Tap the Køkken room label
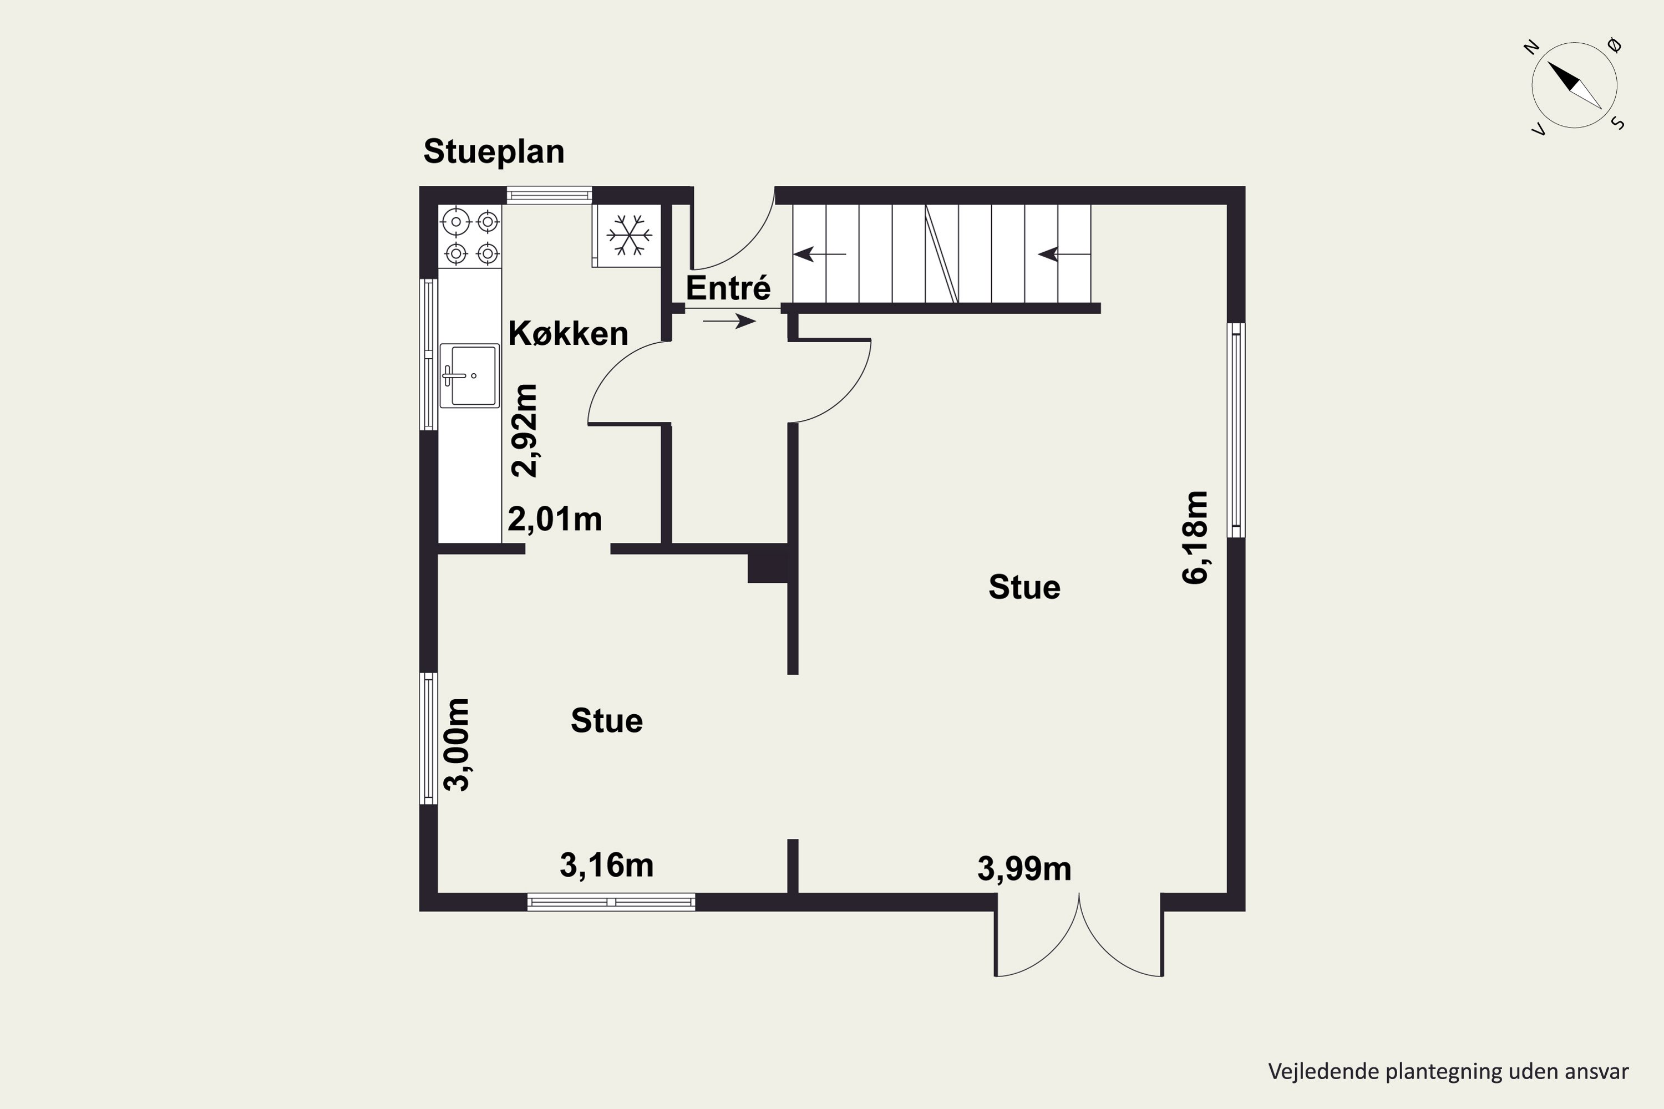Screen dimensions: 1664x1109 pos(568,333)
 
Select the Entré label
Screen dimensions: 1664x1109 pos(728,288)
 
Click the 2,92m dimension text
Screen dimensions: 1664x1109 pos(525,431)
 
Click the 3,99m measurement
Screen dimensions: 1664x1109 pos(1024,869)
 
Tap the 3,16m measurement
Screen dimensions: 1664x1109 pos(606,865)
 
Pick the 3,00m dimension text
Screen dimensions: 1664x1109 pos(456,745)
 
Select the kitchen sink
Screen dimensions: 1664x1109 pos(470,375)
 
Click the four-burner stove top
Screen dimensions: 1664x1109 pos(470,237)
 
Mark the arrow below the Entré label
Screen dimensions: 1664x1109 pos(729,321)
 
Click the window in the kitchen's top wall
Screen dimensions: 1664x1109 pos(549,195)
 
